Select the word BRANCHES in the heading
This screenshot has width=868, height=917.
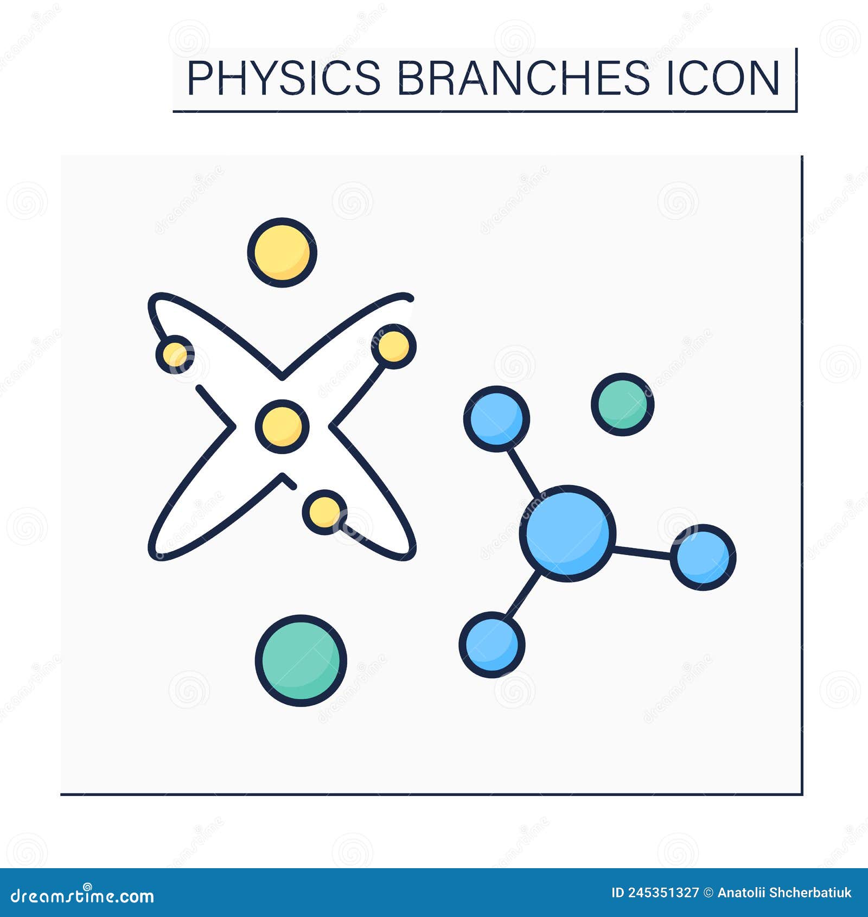[x=523, y=79]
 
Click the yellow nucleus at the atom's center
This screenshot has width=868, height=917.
[x=282, y=426]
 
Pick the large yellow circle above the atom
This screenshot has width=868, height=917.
[x=282, y=252]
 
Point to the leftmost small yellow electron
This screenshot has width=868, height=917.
[x=175, y=355]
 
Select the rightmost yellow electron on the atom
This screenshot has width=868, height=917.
[x=394, y=346]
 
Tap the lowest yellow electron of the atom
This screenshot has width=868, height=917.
[x=324, y=512]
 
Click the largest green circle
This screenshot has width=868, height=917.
[x=301, y=660]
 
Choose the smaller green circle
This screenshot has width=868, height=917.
[x=623, y=404]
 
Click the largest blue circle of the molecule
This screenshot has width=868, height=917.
[x=567, y=533]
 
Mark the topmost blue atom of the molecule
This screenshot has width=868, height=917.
[x=496, y=418]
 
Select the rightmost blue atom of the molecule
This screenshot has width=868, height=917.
[x=703, y=557]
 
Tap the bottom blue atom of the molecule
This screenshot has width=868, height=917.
[x=492, y=644]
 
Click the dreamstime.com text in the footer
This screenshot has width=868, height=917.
[x=82, y=896]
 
